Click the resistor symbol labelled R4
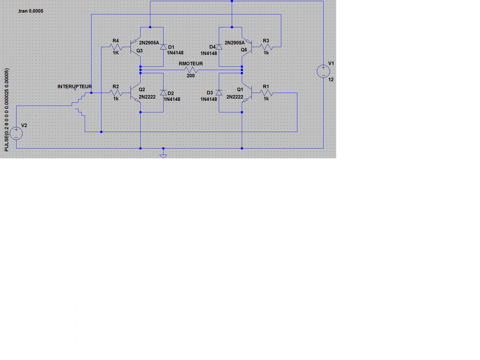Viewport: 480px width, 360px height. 116,47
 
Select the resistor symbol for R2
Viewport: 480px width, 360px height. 116,93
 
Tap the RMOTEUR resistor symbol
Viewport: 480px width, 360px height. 191,70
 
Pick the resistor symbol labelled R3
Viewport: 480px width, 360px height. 266,47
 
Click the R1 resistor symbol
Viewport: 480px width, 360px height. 266,93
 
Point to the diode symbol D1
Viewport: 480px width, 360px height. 163,47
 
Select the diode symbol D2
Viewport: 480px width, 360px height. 163,93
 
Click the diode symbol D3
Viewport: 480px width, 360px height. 219,93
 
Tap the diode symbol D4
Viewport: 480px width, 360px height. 219,47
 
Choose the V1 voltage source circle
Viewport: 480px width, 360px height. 323,71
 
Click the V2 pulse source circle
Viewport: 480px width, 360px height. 16,133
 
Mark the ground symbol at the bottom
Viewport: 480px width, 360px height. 163,154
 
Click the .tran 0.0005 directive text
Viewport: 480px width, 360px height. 30,11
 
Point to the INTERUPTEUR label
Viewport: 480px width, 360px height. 75,87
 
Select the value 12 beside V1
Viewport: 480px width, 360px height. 331,79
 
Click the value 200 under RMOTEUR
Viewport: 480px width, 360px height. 190,76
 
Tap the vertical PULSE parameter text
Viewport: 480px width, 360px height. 6,110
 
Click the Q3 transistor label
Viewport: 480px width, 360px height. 139,50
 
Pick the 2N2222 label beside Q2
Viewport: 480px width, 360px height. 147,97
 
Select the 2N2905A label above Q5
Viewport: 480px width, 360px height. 234,43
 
